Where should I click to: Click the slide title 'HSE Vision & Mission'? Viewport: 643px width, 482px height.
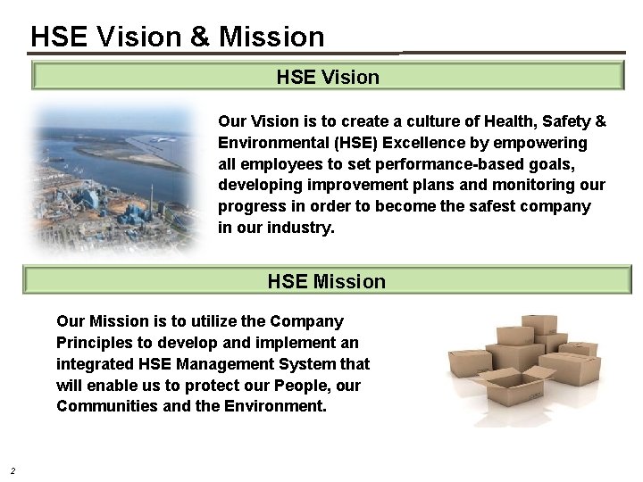click(x=177, y=36)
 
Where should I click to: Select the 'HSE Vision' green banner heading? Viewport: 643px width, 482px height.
click(x=328, y=77)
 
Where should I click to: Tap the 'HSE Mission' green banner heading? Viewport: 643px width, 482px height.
click(x=327, y=282)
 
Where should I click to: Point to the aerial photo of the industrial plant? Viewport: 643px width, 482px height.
click(x=116, y=179)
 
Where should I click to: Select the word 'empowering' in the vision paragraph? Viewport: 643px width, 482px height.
click(x=545, y=143)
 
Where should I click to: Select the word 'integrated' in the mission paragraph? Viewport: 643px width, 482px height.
click(x=94, y=363)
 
